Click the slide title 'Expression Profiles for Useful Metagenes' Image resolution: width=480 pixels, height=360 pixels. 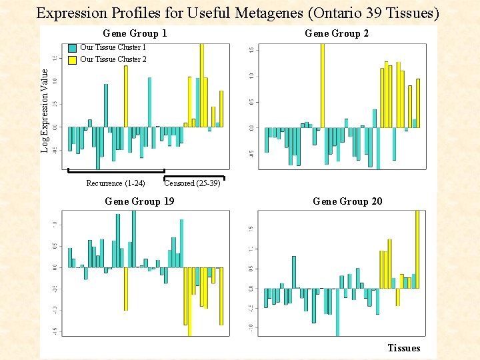pyautogui.click(x=237, y=13)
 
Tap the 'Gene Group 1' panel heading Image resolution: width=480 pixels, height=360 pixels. pyautogui.click(x=135, y=33)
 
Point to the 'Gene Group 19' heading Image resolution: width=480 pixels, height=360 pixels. pyautogui.click(x=139, y=201)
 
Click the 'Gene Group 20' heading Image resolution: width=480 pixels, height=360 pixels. pyautogui.click(x=347, y=201)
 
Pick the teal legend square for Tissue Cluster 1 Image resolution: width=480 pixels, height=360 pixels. pyautogui.click(x=72, y=48)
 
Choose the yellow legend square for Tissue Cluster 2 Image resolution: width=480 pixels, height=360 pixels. pyautogui.click(x=72, y=60)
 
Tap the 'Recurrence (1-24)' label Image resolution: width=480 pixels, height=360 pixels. pyautogui.click(x=115, y=183)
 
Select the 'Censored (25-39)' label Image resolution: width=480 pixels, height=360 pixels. pyautogui.click(x=192, y=183)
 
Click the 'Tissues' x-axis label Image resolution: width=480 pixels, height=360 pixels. pyautogui.click(x=403, y=348)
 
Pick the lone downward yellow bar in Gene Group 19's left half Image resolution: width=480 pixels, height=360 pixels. pyautogui.click(x=125, y=289)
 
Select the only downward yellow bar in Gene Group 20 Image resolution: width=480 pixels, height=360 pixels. pyautogui.click(x=398, y=297)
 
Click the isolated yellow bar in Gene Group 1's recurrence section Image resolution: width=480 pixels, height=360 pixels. pyautogui.click(x=125, y=96)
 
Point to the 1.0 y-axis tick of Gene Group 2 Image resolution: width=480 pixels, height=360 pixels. pyautogui.click(x=251, y=75)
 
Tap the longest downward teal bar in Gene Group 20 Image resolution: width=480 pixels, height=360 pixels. pyautogui.click(x=337, y=312)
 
